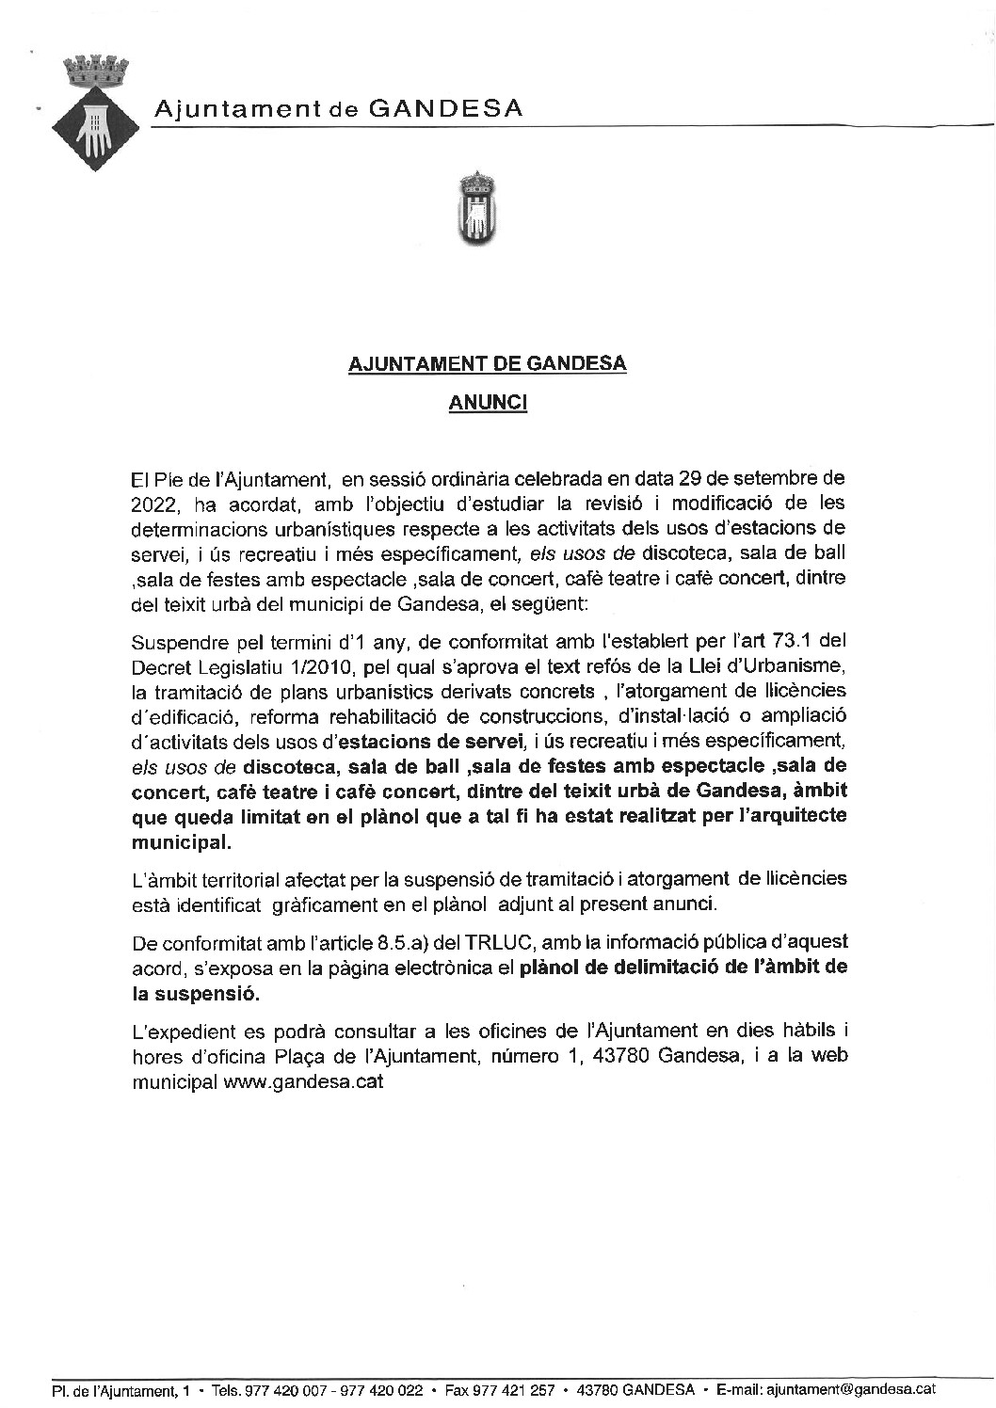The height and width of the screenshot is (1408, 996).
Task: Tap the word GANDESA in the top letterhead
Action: [445, 109]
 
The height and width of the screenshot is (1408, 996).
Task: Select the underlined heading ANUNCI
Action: [488, 403]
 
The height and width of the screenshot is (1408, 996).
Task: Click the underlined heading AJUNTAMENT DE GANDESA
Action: [488, 363]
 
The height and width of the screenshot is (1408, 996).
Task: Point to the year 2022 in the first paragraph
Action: [153, 504]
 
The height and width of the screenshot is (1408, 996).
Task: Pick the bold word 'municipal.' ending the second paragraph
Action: [181, 840]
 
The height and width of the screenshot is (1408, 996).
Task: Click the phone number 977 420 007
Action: [283, 1390]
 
